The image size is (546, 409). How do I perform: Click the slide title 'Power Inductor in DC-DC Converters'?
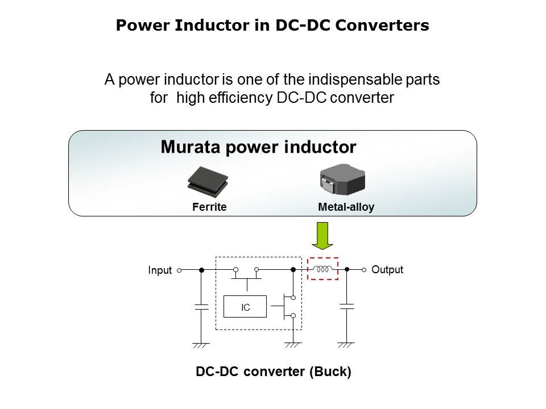[x=272, y=26]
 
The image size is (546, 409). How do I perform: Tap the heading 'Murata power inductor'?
[x=258, y=147]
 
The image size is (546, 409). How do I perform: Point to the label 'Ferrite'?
[x=209, y=207]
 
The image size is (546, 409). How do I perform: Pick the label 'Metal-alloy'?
[x=346, y=207]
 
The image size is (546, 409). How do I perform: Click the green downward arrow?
[x=323, y=235]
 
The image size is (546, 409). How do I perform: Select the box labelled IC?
[x=246, y=307]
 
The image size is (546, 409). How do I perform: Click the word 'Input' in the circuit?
[x=160, y=270]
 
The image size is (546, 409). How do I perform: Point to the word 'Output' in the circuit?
[x=387, y=270]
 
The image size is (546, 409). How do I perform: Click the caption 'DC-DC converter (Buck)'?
[x=274, y=373]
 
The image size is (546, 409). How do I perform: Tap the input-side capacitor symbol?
[x=201, y=307]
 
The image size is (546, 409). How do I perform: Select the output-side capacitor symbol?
[x=346, y=307]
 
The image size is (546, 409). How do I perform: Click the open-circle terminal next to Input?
[x=179, y=270]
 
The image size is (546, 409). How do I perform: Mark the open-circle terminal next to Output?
[x=364, y=270]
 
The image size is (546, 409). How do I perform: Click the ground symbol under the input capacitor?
[x=201, y=344]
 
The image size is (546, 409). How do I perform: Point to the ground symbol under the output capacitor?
[x=346, y=344]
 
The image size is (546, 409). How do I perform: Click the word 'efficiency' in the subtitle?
[x=243, y=98]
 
